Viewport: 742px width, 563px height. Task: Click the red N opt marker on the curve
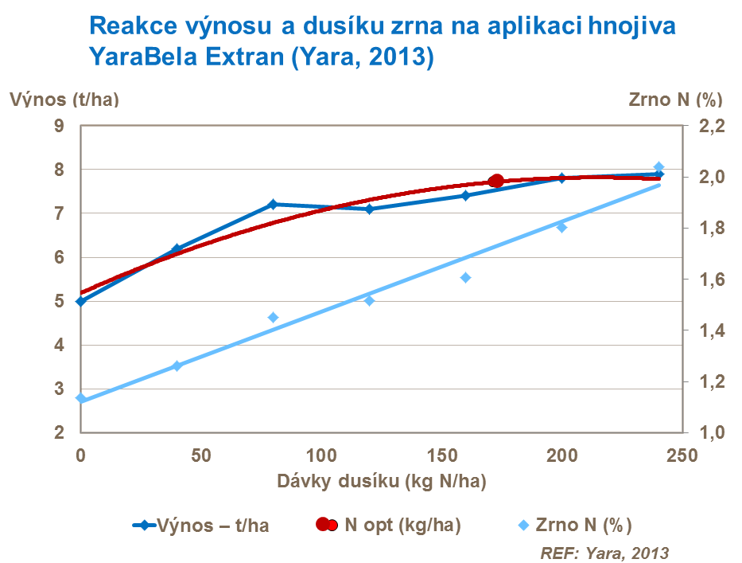click(496, 182)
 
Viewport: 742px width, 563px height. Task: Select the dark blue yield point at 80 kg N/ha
click(273, 205)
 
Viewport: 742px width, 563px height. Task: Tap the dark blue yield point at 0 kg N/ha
click(80, 301)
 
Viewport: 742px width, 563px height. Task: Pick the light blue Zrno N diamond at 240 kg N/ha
click(658, 167)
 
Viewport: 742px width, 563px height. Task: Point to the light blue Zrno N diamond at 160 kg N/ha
click(466, 278)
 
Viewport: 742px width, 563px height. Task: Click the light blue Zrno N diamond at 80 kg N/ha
click(273, 318)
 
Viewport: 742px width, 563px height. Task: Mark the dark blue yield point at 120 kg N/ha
click(370, 209)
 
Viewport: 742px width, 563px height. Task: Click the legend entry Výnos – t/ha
click(200, 525)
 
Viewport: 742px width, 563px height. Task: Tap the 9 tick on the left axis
click(59, 126)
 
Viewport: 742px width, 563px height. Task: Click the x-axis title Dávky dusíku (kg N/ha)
click(381, 482)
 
